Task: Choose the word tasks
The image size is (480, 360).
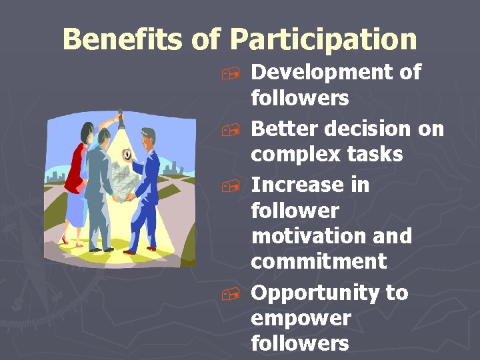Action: point(379,154)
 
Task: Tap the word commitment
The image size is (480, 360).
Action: point(318,261)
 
